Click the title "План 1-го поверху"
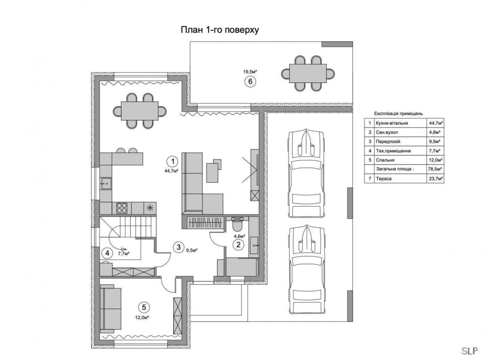220,30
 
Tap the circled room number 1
172,161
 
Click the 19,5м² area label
250,72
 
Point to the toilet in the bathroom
239,224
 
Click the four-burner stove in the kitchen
122,208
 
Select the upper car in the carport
307,173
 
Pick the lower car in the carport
307,270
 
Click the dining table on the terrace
308,73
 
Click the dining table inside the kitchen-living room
140,111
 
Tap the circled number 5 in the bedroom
143,307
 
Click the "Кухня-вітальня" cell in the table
391,123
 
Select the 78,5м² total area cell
436,169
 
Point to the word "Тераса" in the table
384,179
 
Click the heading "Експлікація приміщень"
398,114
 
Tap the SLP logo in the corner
469,351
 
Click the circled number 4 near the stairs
107,253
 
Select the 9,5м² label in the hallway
192,250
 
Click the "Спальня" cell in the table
386,160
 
